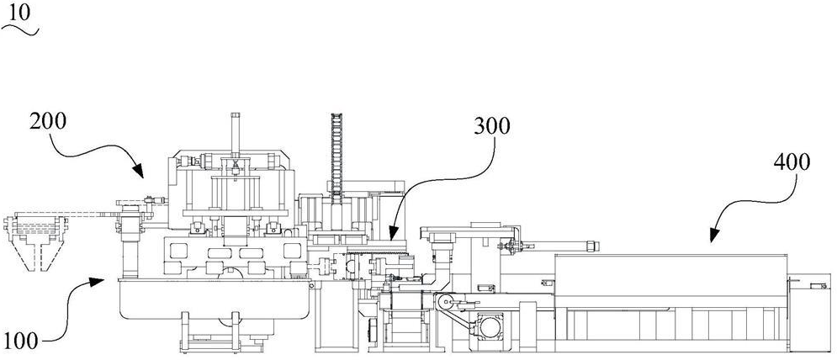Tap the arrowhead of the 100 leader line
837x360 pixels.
point(105,280)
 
